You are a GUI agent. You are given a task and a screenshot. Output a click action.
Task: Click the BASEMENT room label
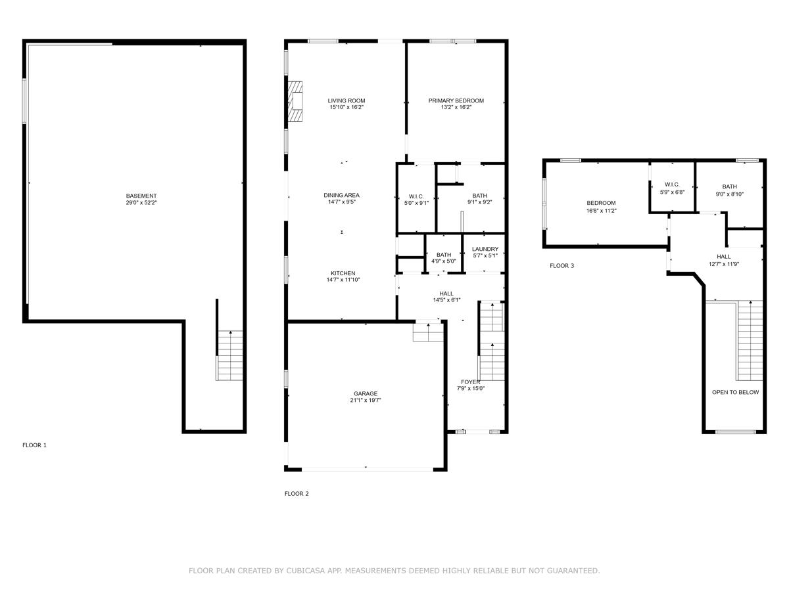pyautogui.click(x=141, y=196)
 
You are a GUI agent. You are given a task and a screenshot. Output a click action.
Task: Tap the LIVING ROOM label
pyautogui.click(x=347, y=100)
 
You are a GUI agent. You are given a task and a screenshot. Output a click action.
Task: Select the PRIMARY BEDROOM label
pyautogui.click(x=456, y=100)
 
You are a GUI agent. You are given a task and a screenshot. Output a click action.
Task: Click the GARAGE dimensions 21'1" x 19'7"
pyautogui.click(x=366, y=400)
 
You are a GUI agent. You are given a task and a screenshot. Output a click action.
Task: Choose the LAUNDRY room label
pyautogui.click(x=485, y=249)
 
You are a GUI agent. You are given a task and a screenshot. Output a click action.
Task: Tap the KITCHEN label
pyautogui.click(x=343, y=273)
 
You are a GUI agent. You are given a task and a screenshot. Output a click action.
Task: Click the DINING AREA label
pyautogui.click(x=341, y=195)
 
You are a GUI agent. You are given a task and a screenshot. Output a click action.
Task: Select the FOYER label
pyautogui.click(x=470, y=382)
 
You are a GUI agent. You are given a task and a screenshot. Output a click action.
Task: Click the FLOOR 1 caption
pyautogui.click(x=35, y=445)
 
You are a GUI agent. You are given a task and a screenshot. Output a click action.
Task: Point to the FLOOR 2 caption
pyautogui.click(x=297, y=494)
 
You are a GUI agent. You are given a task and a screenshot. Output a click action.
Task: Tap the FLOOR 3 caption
pyautogui.click(x=562, y=266)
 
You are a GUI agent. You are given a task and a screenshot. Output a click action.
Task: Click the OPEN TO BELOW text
pyautogui.click(x=735, y=392)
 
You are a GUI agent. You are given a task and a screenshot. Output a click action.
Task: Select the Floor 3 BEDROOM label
pyautogui.click(x=601, y=203)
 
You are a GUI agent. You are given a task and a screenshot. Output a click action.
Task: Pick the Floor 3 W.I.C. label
pyautogui.click(x=672, y=185)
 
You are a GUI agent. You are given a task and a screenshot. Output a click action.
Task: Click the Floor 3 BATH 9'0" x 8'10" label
pyautogui.click(x=729, y=186)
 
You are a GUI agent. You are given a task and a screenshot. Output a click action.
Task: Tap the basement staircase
pyautogui.click(x=230, y=355)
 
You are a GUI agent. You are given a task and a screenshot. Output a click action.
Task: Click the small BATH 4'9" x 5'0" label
pyautogui.click(x=444, y=255)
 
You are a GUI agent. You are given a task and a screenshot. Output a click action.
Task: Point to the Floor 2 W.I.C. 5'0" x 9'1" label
pyautogui.click(x=416, y=196)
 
